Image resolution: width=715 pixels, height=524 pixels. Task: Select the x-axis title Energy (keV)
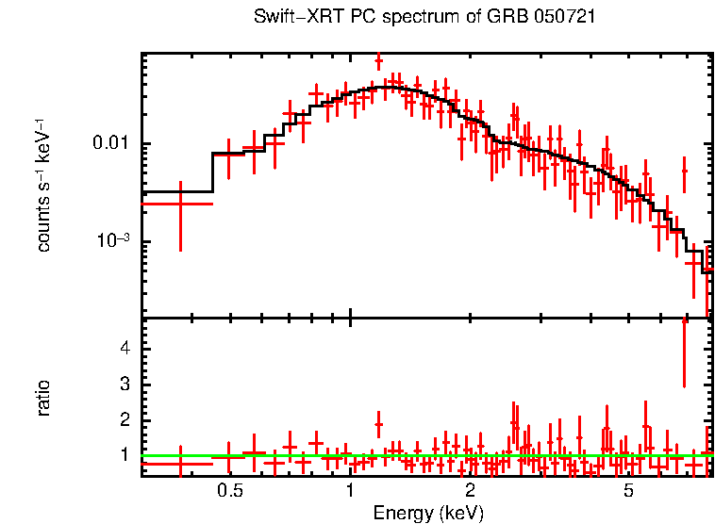point(428,513)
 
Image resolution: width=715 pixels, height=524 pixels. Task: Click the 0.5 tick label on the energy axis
point(230,491)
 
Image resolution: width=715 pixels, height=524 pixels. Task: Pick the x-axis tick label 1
point(350,491)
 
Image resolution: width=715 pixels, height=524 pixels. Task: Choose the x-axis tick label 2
point(470,491)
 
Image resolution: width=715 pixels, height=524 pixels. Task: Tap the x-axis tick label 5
point(628,491)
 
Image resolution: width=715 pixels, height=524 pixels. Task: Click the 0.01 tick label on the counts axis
point(111,144)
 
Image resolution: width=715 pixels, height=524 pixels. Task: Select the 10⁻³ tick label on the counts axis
point(113,241)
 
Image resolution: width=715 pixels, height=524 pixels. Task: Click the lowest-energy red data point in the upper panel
point(180,204)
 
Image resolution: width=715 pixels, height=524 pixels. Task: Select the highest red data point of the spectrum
point(378,62)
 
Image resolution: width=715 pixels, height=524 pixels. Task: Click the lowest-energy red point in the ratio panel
point(180,464)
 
